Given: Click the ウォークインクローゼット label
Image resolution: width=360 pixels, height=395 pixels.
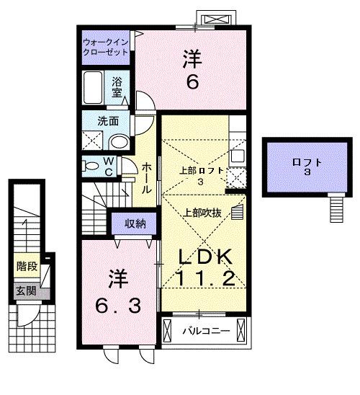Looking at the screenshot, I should (105, 48).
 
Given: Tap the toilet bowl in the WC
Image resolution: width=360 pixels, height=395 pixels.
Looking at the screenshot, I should (91, 165).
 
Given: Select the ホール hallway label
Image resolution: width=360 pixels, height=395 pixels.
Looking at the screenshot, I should (145, 176).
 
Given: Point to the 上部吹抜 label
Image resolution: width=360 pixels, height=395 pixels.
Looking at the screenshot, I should (202, 213).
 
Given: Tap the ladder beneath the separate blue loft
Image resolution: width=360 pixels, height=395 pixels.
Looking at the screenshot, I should (336, 210).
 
